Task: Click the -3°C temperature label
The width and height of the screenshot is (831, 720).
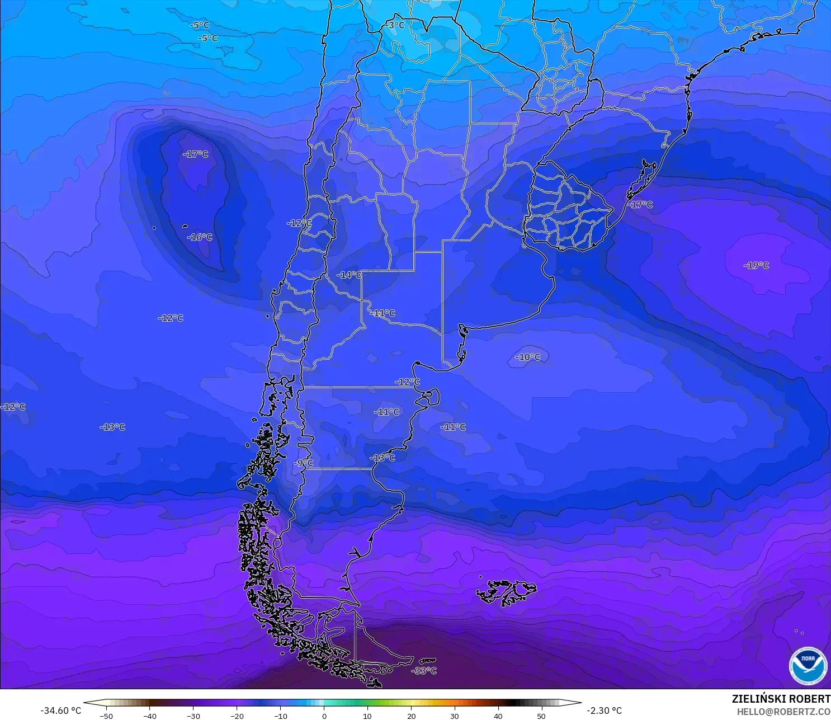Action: [395, 25]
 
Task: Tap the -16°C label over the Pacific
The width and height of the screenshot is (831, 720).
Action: [200, 237]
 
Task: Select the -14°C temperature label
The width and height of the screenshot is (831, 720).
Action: [349, 275]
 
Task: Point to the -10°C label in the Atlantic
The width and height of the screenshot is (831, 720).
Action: [528, 357]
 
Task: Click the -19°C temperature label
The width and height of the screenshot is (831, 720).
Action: [756, 265]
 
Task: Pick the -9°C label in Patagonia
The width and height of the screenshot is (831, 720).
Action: [304, 463]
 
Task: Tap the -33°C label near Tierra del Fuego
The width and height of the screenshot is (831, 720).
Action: [424, 670]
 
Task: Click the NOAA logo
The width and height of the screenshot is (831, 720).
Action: [808, 666]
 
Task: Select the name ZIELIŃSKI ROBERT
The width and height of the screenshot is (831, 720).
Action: [781, 699]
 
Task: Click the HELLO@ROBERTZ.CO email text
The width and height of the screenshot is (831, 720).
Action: [783, 712]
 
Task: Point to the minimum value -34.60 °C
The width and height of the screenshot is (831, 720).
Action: [60, 710]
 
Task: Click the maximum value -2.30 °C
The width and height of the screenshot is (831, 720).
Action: [604, 710]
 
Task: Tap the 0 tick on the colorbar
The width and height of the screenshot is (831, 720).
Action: [324, 716]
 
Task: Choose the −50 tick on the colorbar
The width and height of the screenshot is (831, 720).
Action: [106, 716]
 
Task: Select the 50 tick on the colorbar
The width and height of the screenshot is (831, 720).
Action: [541, 716]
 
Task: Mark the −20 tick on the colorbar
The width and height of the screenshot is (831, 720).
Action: [237, 716]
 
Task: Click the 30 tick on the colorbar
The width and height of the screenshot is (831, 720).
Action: [454, 716]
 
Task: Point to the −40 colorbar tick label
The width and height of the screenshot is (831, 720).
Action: [149, 716]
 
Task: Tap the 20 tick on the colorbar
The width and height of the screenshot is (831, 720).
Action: [411, 716]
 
